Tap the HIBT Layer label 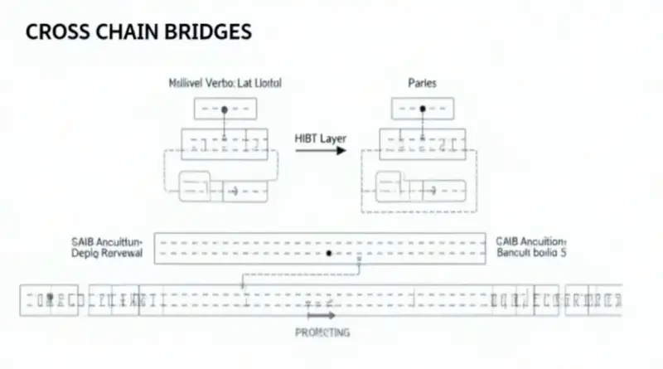pos(321,138)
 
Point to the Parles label pos(423,84)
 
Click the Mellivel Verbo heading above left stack pos(225,84)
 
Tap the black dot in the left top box pos(225,109)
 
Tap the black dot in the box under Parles pos(423,109)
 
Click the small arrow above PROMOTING pos(322,315)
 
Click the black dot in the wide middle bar pos(330,252)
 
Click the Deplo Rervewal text pos(108,254)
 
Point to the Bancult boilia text pos(531,253)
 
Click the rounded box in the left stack pos(196,182)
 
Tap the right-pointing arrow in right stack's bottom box pos(430,192)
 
